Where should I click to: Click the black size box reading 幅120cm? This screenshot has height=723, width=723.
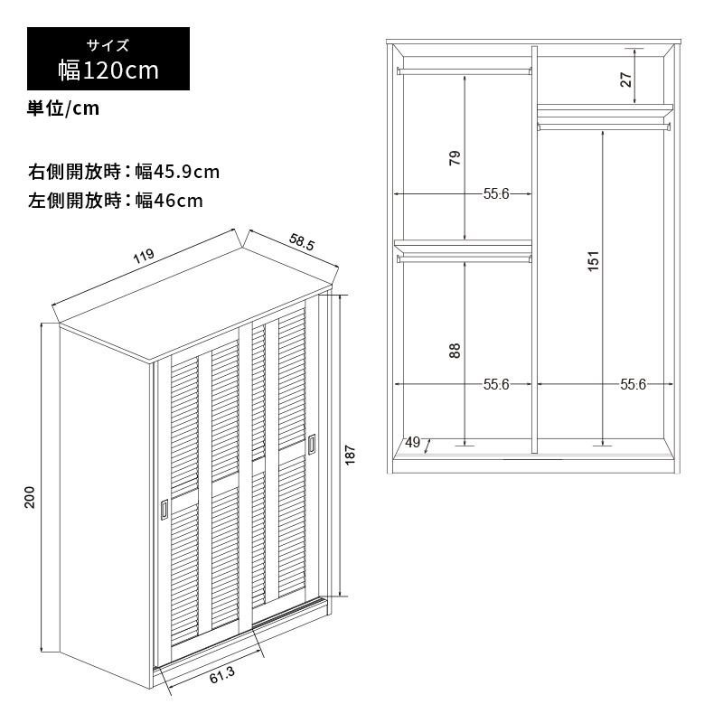click(108, 59)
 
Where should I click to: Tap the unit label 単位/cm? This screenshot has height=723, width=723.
click(63, 108)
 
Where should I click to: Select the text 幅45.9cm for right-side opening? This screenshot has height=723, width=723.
click(177, 172)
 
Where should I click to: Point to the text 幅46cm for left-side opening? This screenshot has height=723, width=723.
click(169, 201)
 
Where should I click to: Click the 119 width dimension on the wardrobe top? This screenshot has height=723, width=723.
click(144, 257)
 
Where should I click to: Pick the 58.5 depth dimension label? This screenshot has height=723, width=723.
click(302, 242)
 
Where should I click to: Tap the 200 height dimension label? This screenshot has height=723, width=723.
click(30, 497)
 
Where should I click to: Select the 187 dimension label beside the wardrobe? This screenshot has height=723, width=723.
click(350, 455)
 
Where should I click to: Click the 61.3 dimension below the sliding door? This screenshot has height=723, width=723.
click(222, 674)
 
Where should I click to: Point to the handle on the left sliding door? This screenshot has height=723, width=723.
click(164, 510)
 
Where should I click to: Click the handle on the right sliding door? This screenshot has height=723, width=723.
click(312, 444)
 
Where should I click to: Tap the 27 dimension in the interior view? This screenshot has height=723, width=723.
click(625, 80)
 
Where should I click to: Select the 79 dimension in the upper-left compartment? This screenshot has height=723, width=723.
click(455, 158)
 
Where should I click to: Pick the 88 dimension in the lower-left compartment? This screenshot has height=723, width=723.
click(455, 351)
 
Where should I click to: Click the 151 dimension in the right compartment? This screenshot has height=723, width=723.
click(594, 261)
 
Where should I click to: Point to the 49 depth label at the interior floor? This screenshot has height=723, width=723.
click(413, 443)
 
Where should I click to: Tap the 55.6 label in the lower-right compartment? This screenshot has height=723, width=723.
click(633, 385)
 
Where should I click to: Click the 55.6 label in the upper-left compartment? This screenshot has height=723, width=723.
click(496, 193)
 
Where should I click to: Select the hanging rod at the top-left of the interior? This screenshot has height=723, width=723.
click(465, 71)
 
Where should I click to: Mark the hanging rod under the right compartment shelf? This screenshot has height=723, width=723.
click(604, 127)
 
